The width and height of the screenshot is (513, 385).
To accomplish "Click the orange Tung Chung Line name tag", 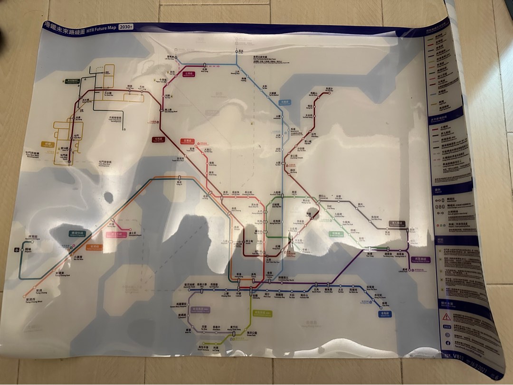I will pos(94,247).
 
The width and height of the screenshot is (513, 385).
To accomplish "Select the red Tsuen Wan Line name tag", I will pos(187,141).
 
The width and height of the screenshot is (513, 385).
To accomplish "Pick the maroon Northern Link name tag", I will pos(189,74).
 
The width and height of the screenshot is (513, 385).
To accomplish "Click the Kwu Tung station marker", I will pos(205,65).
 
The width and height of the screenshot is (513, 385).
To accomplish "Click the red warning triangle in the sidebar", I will pos(446,316).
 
